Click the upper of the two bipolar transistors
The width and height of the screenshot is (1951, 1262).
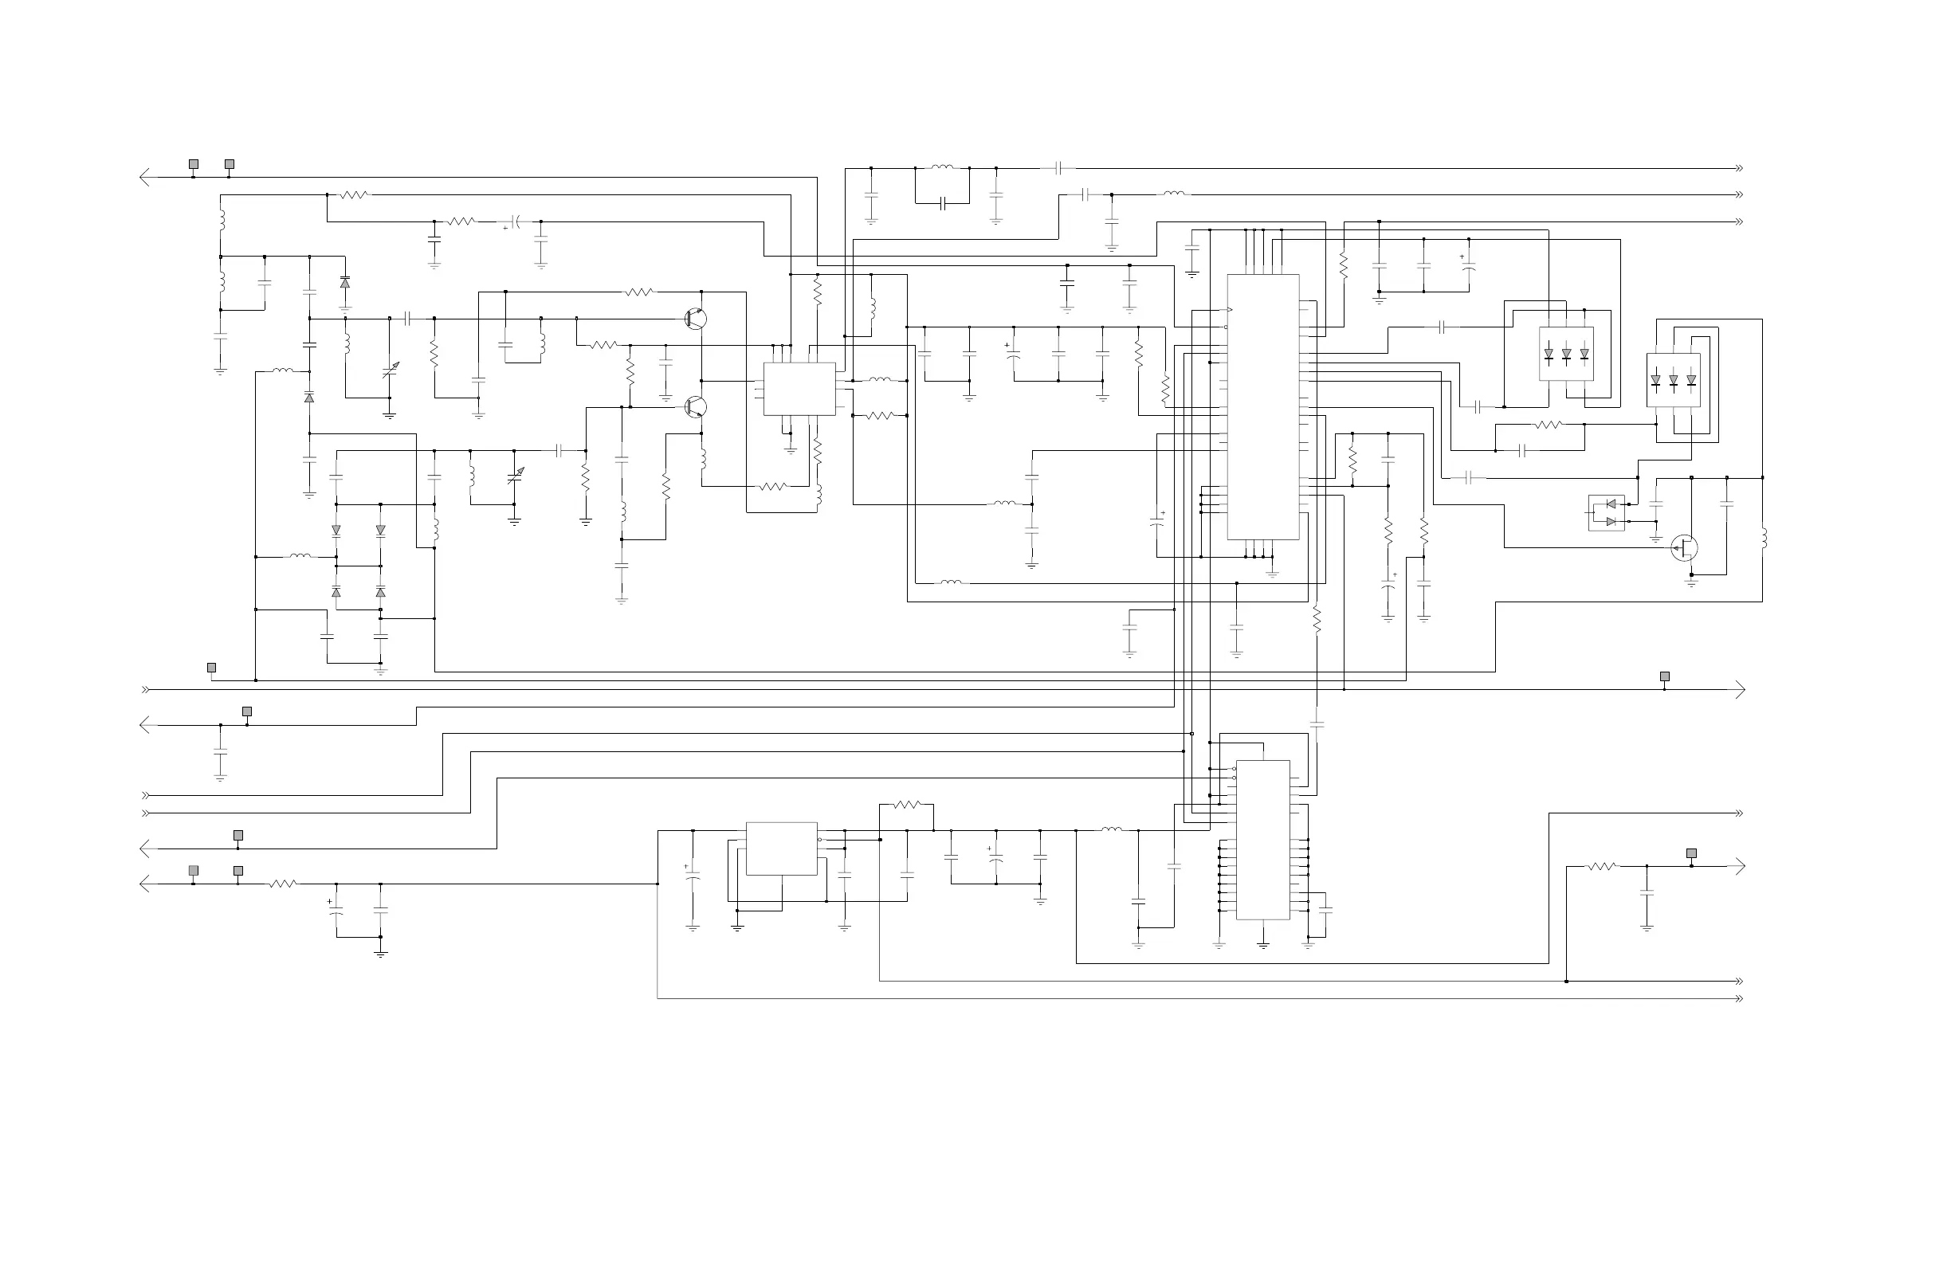click(695, 319)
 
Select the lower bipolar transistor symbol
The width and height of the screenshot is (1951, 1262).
click(695, 406)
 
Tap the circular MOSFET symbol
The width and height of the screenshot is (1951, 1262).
click(1684, 547)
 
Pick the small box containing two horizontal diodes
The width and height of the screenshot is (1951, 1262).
click(1606, 513)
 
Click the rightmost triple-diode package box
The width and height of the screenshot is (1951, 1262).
click(1673, 380)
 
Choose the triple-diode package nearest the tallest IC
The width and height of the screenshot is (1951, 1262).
click(1566, 353)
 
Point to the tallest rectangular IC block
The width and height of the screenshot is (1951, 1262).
click(1262, 407)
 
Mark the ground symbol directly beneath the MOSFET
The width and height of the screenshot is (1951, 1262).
click(1690, 582)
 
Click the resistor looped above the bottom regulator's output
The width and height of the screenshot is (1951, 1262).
click(907, 805)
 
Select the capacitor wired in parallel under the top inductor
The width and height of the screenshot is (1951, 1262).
click(942, 203)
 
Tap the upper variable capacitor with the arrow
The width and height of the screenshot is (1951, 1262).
click(391, 371)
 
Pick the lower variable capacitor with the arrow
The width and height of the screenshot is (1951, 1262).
click(515, 476)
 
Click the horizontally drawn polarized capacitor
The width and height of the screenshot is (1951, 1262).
click(515, 221)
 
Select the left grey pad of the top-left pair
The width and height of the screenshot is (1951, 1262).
click(194, 164)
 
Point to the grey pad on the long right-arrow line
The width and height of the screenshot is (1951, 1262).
click(1664, 677)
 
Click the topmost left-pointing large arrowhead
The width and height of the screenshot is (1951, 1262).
click(145, 177)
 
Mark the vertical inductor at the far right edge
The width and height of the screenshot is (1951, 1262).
click(1762, 539)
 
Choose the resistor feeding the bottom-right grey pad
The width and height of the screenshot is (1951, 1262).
click(1602, 866)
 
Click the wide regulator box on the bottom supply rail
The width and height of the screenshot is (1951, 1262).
click(781, 849)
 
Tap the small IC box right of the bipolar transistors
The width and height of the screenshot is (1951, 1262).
click(799, 389)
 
